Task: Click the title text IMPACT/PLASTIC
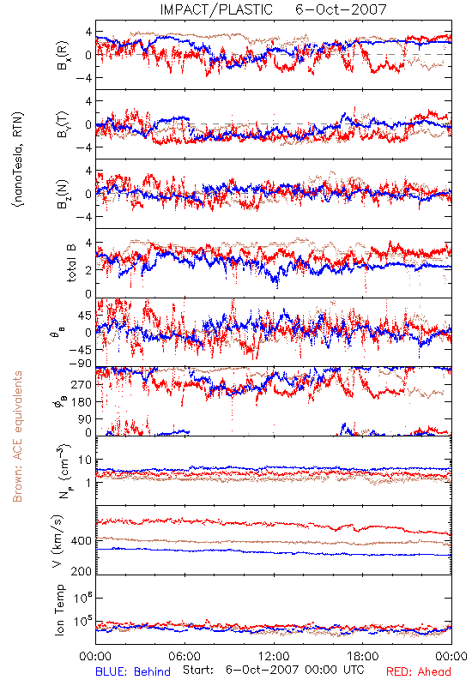(x=216, y=9)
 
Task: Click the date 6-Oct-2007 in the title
(x=341, y=9)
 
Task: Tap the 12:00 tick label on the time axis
(x=274, y=656)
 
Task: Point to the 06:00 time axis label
(x=185, y=656)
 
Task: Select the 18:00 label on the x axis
(x=363, y=656)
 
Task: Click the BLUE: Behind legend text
(x=133, y=672)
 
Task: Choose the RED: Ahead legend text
(x=419, y=672)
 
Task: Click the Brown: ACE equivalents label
(x=17, y=436)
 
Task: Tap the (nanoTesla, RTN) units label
(x=19, y=159)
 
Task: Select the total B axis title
(x=71, y=263)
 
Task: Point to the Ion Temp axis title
(x=59, y=610)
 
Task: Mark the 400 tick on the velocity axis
(x=81, y=541)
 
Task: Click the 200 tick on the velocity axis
(x=81, y=571)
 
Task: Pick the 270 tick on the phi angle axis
(x=81, y=384)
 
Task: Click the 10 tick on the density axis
(x=85, y=460)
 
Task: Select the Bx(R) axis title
(x=62, y=55)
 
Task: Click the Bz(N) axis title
(x=62, y=194)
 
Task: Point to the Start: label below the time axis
(x=198, y=670)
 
